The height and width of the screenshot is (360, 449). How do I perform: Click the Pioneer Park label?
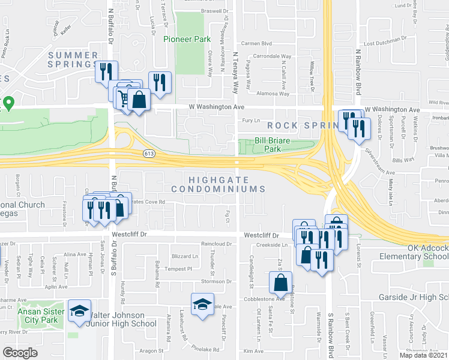pyautogui.click(x=187, y=38)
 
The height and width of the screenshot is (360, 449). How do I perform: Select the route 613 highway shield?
pyautogui.click(x=149, y=154)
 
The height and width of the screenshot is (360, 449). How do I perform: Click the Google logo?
pyautogui.click(x=20, y=352)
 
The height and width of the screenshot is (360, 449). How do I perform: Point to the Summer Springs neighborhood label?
pyautogui.click(x=73, y=60)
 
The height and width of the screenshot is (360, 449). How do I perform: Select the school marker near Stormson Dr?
pyautogui.click(x=203, y=304)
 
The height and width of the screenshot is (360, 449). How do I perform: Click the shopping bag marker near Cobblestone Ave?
pyautogui.click(x=280, y=281)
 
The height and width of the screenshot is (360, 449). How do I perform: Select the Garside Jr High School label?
pyautogui.click(x=413, y=298)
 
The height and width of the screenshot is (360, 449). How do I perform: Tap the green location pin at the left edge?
pyautogui.click(x=8, y=104)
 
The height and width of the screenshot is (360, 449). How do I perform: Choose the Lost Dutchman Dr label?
pyautogui.click(x=385, y=43)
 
